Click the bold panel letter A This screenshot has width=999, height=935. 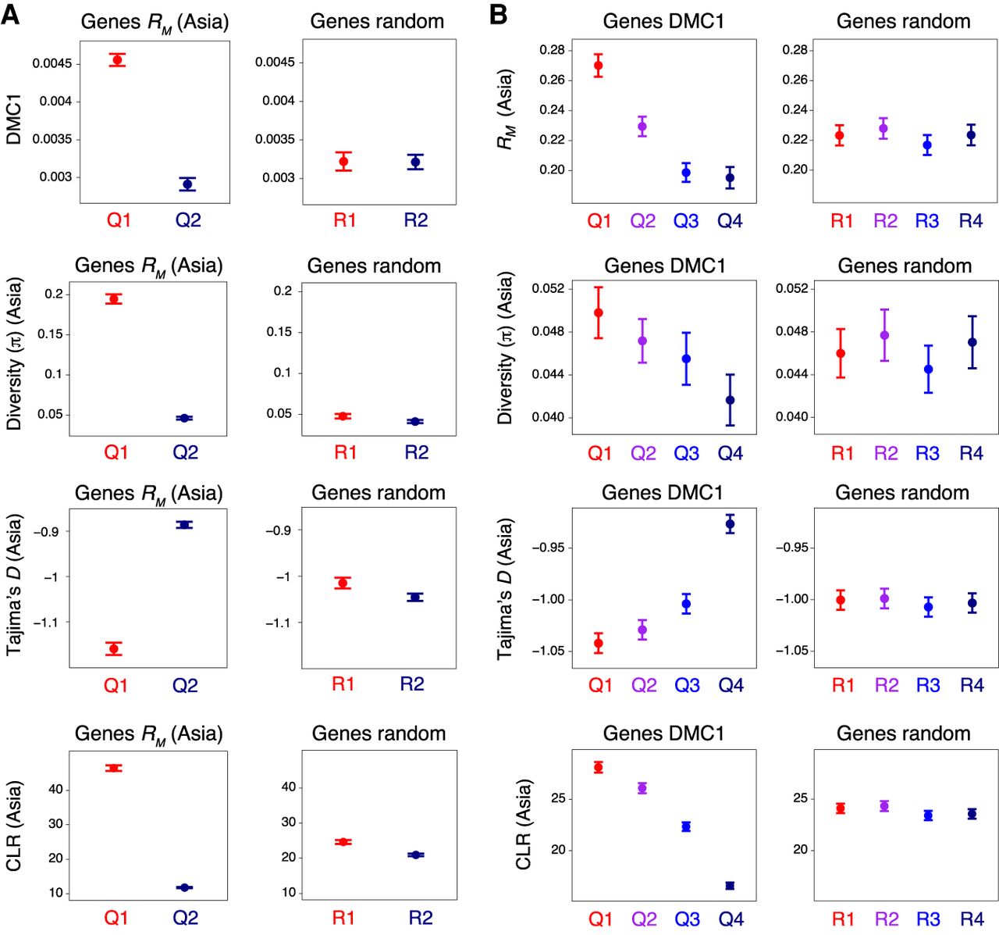pyautogui.click(x=11, y=15)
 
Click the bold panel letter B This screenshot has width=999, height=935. pyautogui.click(x=499, y=15)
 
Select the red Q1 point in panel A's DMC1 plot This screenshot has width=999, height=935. pyautogui.click(x=117, y=60)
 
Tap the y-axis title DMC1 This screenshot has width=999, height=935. pyautogui.click(x=13, y=120)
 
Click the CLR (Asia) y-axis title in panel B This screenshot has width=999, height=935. pyautogui.click(x=523, y=824)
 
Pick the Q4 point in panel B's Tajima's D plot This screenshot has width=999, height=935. pyautogui.click(x=730, y=524)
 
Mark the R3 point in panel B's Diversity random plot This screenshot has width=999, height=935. pyautogui.click(x=928, y=369)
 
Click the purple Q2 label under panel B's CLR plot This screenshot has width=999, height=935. pyautogui.click(x=644, y=919)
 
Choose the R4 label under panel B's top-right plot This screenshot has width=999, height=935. pyautogui.click(x=970, y=221)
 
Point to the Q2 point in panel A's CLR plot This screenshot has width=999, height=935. pyautogui.click(x=184, y=887)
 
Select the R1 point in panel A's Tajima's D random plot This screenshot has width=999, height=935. pyautogui.click(x=343, y=583)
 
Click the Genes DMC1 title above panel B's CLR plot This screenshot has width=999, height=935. pyautogui.click(x=663, y=733)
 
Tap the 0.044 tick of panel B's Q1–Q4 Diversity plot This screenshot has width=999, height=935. pyautogui.click(x=547, y=374)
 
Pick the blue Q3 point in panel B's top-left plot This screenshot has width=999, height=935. pyautogui.click(x=686, y=173)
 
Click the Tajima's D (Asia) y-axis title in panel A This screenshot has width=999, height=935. pyautogui.click(x=13, y=584)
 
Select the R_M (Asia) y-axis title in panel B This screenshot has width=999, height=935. pyautogui.click(x=505, y=109)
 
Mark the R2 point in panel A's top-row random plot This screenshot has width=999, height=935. pyautogui.click(x=415, y=162)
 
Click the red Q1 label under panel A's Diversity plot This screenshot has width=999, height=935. pyautogui.click(x=116, y=452)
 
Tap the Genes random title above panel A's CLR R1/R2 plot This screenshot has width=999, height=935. pyautogui.click(x=379, y=733)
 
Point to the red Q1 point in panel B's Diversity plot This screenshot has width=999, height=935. pyautogui.click(x=599, y=312)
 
